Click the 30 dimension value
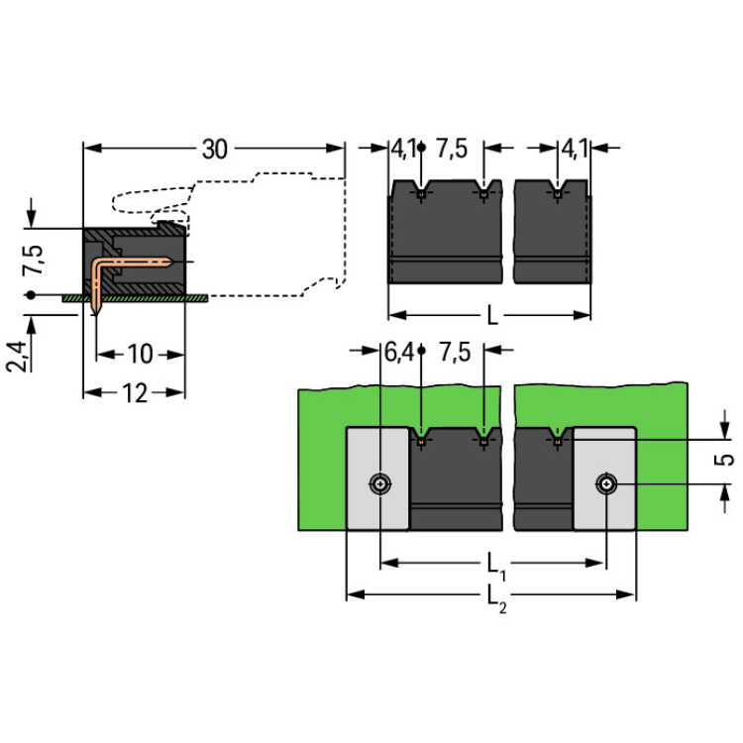215,150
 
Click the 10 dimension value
141,354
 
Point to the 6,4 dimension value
397,352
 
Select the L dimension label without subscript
492,317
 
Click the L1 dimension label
496,565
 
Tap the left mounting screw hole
380,483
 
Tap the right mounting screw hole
605,483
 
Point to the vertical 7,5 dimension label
33,260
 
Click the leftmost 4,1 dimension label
403,150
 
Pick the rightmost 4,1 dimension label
575,150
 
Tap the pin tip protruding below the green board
96,308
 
